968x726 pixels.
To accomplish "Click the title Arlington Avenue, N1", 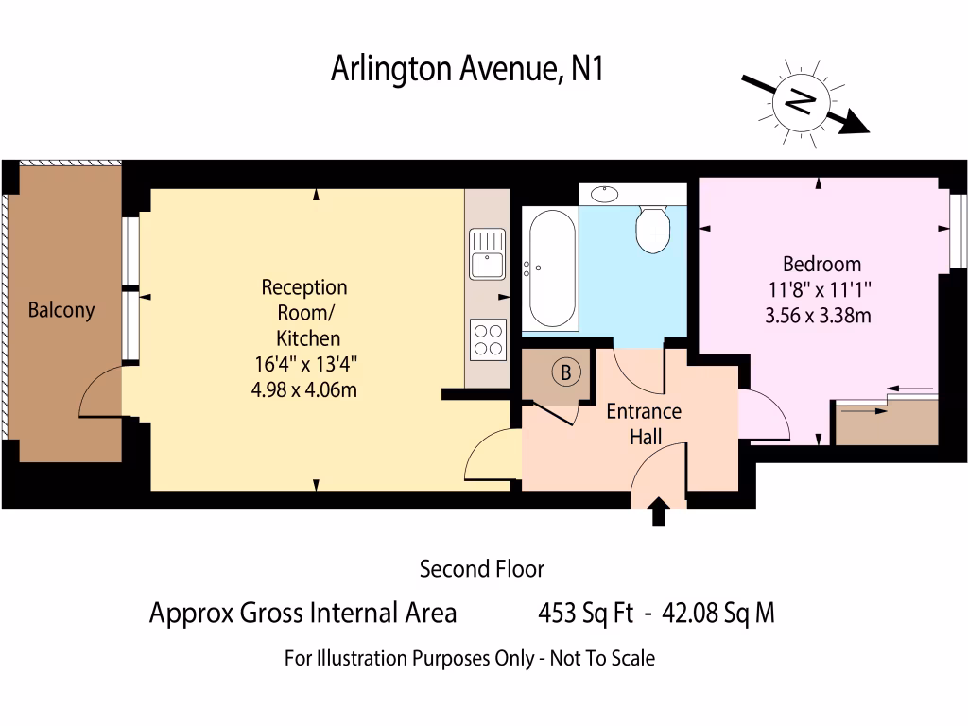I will click(x=467, y=69).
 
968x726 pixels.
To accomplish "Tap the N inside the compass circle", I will click(x=801, y=101).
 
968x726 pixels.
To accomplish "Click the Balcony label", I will click(x=61, y=310).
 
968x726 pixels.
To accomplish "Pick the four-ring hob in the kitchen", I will click(x=488, y=339).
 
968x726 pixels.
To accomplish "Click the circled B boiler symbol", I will click(x=565, y=372).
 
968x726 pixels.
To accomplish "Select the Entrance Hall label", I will click(x=644, y=423).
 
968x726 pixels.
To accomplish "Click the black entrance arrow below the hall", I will click(x=659, y=513).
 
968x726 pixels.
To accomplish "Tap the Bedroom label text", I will click(x=822, y=264).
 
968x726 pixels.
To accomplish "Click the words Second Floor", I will click(x=482, y=569).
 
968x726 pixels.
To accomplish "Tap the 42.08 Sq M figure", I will click(x=718, y=614).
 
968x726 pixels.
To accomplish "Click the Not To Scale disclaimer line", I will click(x=470, y=658).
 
